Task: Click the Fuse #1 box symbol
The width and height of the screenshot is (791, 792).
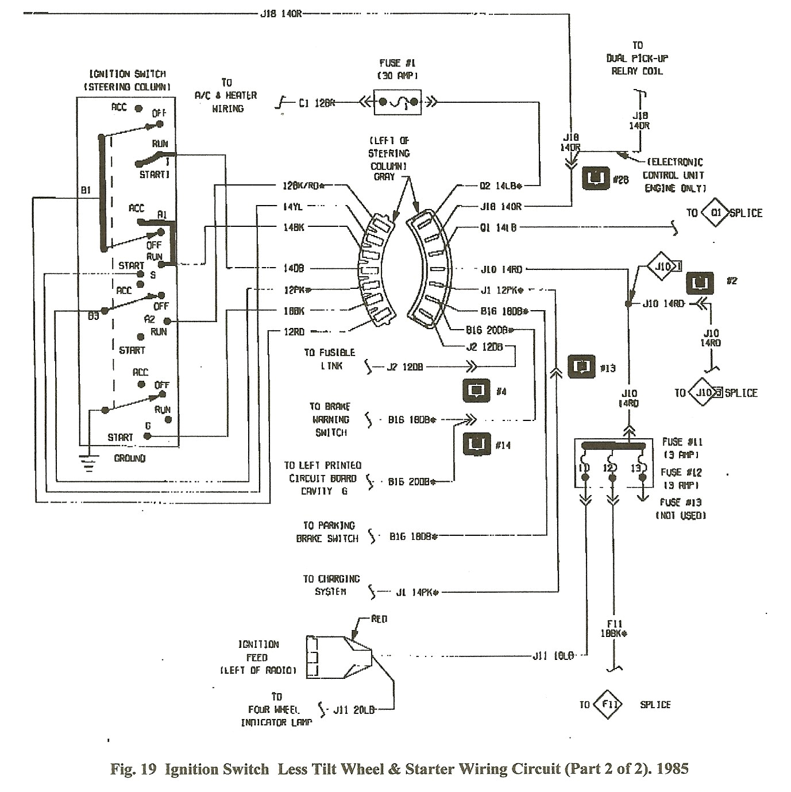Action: pos(398,103)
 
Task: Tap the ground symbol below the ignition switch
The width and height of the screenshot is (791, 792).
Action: pos(88,462)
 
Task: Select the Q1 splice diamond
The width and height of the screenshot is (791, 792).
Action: pos(716,213)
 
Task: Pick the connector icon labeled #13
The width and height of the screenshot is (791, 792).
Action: pos(581,366)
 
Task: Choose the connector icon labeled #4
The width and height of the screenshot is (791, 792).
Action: pos(476,391)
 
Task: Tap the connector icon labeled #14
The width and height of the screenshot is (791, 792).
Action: pos(477,443)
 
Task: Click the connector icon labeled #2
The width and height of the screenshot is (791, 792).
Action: pos(700,282)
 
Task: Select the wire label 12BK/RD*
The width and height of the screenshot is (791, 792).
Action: pos(304,186)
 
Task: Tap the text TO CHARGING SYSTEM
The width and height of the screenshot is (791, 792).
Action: pos(331,585)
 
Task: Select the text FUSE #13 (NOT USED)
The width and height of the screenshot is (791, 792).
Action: pos(681,509)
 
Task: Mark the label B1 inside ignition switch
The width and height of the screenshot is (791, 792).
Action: pos(86,190)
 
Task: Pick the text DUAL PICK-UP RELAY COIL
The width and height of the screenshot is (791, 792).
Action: pos(637,58)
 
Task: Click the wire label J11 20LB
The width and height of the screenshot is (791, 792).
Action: pos(354,710)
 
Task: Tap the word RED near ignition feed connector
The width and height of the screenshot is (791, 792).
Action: pos(379,619)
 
